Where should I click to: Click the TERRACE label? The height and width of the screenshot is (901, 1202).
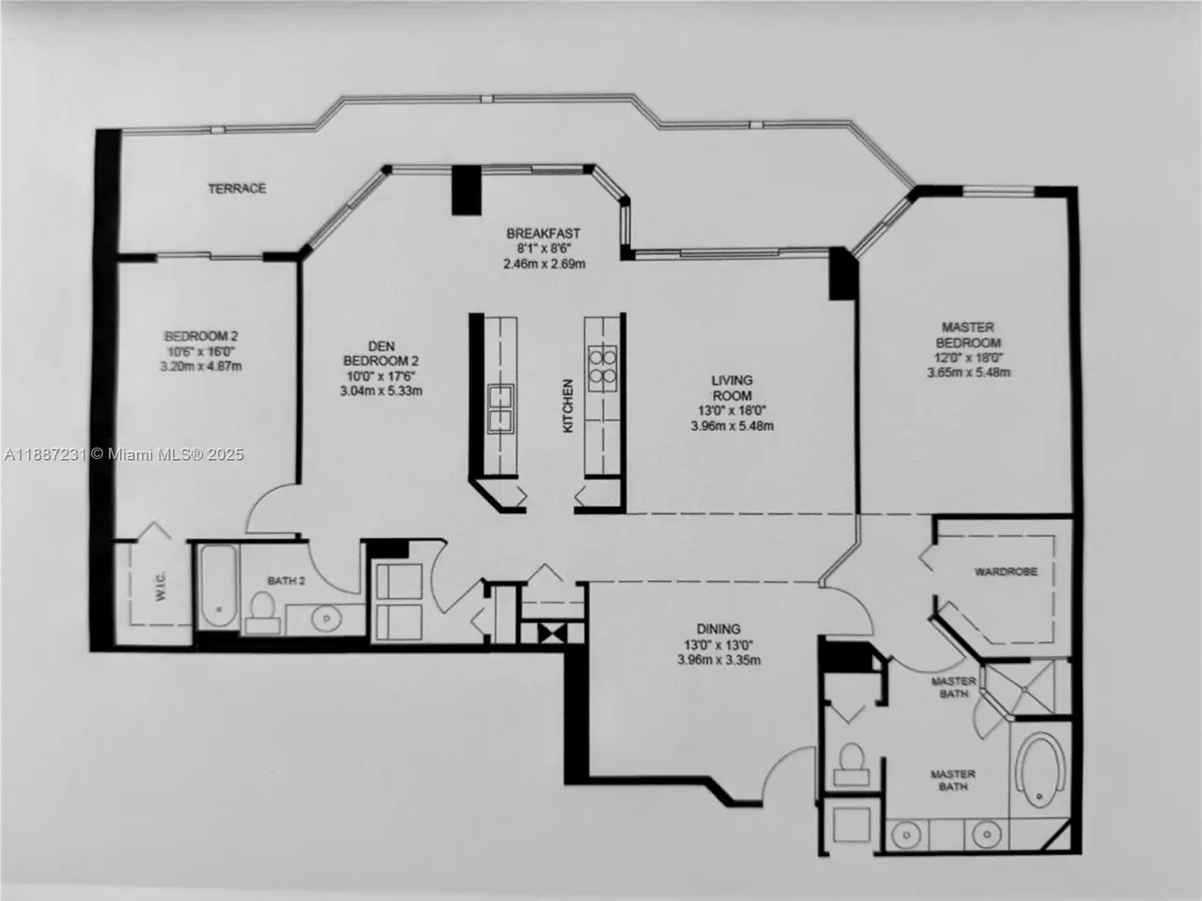point(237,189)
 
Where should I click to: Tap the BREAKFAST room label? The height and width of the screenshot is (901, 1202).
point(543,234)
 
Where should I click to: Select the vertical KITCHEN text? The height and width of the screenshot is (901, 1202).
point(568,405)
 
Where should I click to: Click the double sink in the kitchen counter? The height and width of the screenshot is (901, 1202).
point(501,408)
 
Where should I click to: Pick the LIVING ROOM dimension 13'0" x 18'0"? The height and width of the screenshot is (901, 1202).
point(732,410)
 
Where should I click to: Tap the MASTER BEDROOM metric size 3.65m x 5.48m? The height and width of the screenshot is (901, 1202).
point(968,373)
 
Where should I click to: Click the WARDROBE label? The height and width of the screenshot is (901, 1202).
point(1006,572)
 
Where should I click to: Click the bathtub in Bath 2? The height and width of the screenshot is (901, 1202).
point(219,586)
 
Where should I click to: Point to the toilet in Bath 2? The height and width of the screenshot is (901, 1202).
point(263,613)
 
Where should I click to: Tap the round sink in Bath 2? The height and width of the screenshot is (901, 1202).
point(327,619)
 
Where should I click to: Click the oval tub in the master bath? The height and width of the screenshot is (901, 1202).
point(1040,770)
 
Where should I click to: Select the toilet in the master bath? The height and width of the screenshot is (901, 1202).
point(851,764)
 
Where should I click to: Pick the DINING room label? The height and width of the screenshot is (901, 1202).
point(718,629)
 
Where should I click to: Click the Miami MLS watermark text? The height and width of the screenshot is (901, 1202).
point(124,454)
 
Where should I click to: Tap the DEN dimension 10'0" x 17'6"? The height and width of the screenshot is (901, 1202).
point(380,376)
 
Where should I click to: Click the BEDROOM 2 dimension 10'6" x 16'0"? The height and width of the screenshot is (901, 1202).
point(201,351)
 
